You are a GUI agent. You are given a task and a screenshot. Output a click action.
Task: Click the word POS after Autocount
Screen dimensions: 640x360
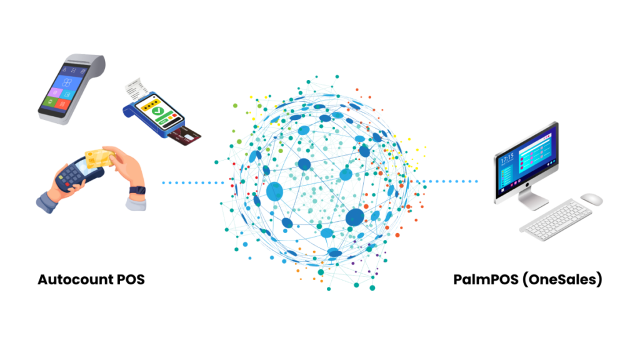coord(131,279)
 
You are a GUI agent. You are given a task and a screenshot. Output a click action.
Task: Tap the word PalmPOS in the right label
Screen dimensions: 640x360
coord(486,279)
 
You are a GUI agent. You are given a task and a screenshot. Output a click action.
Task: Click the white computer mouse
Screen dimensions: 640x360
coord(591,199)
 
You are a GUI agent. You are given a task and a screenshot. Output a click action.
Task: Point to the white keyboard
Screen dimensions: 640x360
coord(556,219)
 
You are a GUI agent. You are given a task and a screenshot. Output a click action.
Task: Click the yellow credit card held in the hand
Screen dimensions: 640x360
coord(99,158)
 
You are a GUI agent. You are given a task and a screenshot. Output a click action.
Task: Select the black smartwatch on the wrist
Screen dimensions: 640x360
coord(137,190)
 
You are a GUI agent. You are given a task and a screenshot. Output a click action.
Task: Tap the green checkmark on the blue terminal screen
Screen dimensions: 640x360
coord(157,111)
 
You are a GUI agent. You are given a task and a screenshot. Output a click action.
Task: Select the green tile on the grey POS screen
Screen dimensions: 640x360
coord(50,101)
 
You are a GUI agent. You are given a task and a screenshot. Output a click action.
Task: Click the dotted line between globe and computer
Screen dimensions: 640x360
coord(447,181)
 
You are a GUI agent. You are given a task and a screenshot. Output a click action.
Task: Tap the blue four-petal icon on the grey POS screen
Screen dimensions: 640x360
coord(66,82)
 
